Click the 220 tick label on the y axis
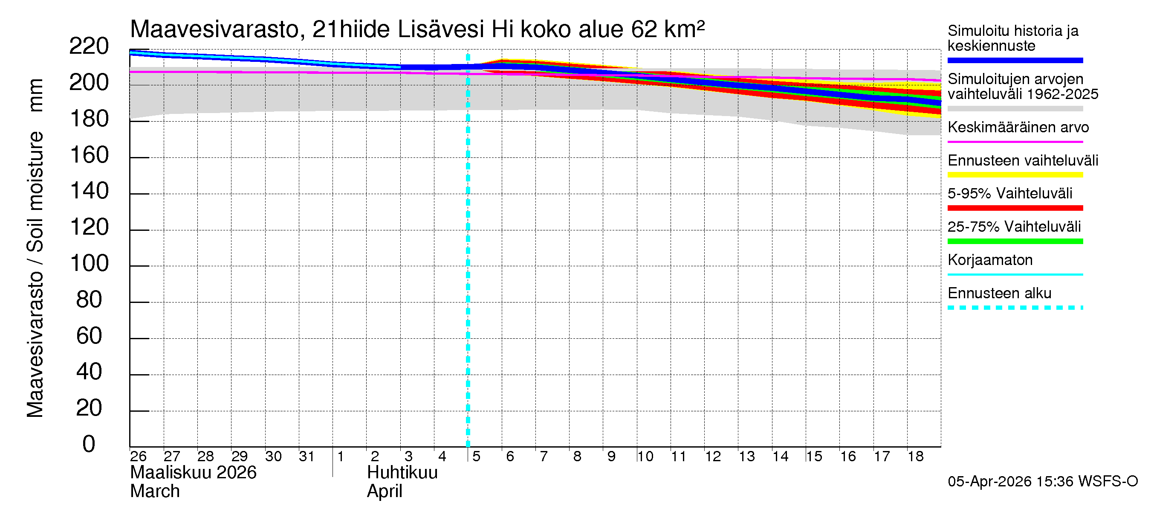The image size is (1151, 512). point(89,47)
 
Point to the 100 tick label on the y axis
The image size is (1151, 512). point(90,263)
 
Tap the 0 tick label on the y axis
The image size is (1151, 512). point(89,445)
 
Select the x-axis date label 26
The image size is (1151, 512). point(138,457)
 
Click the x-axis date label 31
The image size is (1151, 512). point(307,457)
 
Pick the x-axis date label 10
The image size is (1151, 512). point(645,457)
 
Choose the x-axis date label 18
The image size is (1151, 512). point(916,457)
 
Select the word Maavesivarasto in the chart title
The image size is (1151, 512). point(214,29)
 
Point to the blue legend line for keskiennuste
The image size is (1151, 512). point(1015,60)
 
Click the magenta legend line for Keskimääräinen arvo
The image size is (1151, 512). point(1015,142)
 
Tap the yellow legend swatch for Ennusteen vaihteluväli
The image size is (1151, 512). point(1015,175)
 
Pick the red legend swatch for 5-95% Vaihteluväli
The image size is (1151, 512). point(1015,208)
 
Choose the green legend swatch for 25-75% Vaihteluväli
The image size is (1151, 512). point(1015,241)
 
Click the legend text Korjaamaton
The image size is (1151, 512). point(990,260)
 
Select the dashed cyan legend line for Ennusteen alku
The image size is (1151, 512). point(1015,308)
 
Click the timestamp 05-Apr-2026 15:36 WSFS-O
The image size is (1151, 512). point(1042,482)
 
